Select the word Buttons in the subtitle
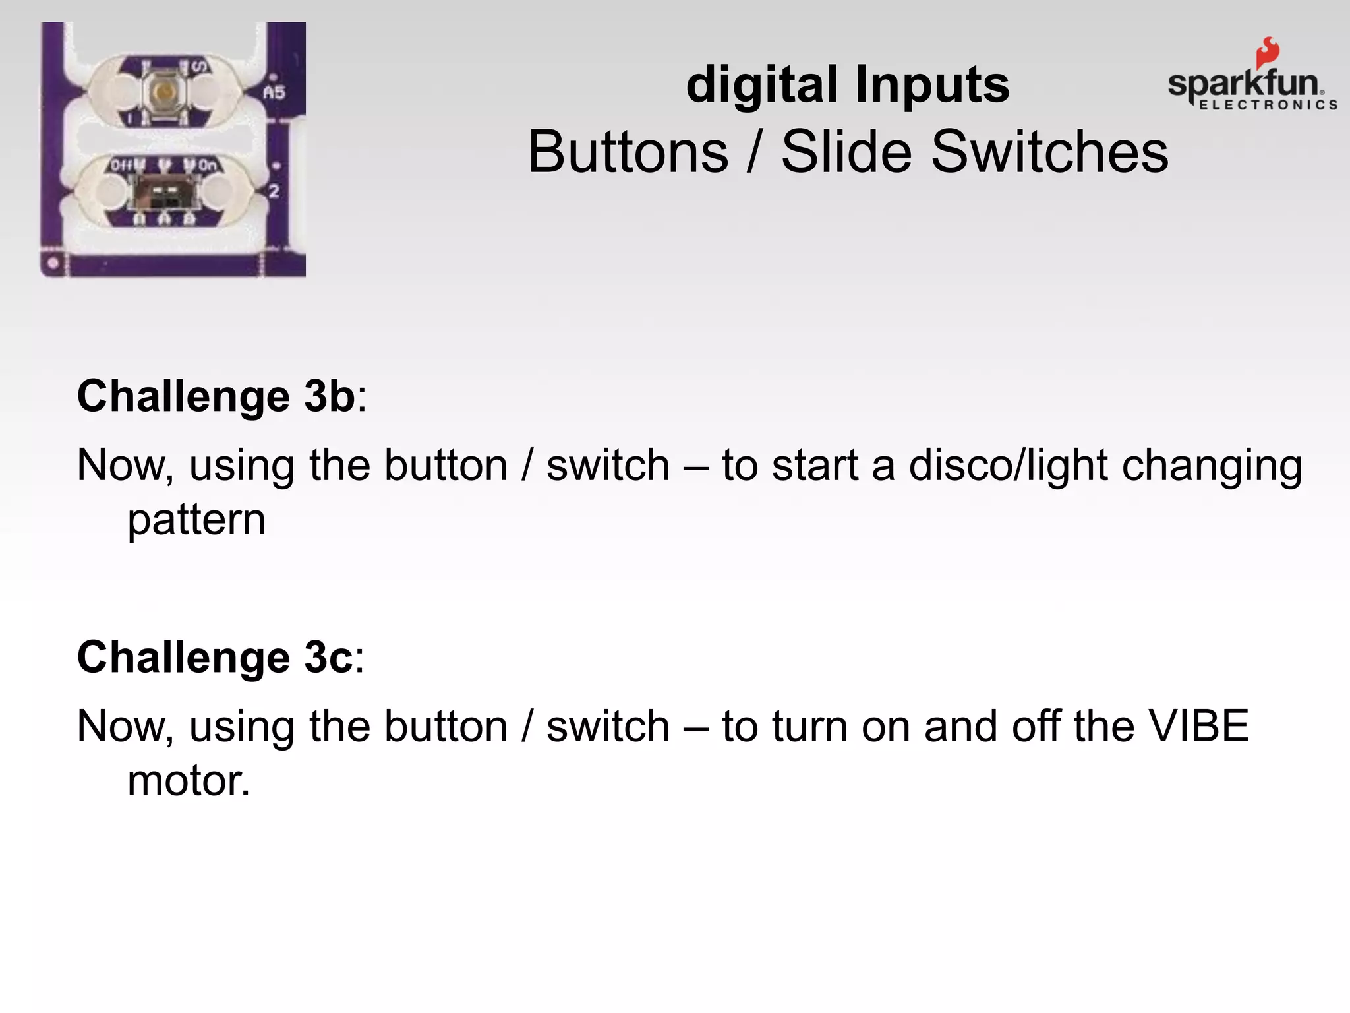(x=628, y=152)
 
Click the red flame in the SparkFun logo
(x=1266, y=53)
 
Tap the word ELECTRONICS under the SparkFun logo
(x=1268, y=105)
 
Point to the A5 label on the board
(x=274, y=93)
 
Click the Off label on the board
(x=122, y=165)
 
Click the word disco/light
(x=1008, y=466)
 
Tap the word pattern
(x=196, y=521)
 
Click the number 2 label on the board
(x=274, y=192)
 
